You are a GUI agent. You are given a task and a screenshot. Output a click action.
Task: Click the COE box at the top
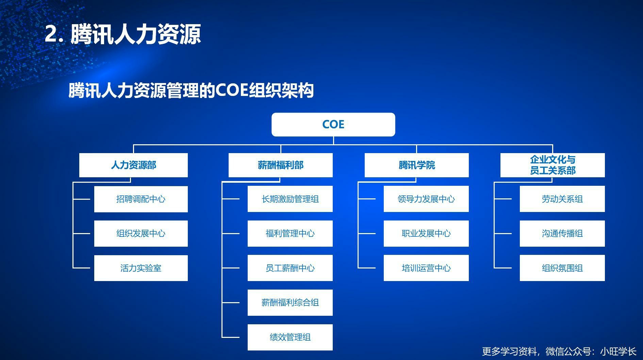coord(333,125)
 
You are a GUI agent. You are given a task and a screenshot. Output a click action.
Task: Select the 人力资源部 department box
coord(133,165)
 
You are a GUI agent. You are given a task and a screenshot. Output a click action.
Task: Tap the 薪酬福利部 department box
coord(280,165)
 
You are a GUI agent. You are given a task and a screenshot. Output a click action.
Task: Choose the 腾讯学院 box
coord(416,165)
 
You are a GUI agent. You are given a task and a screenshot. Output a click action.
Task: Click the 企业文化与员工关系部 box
coord(553,165)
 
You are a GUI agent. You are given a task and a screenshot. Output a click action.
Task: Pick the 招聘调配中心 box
coord(141,199)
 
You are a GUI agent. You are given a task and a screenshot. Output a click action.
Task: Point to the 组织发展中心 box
coord(141,233)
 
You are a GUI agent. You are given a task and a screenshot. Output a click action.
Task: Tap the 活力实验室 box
coord(141,268)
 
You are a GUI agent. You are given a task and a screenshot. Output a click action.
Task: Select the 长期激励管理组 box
coord(290,199)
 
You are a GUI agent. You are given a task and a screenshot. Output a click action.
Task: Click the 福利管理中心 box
coord(290,233)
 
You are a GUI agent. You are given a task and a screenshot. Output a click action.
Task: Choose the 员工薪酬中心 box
coord(290,268)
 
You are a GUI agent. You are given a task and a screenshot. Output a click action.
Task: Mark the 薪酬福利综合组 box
coord(290,302)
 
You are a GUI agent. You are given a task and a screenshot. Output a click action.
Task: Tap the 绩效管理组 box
coord(290,337)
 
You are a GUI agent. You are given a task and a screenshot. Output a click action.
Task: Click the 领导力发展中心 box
coord(426,199)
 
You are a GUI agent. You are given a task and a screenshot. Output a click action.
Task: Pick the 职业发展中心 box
coord(426,233)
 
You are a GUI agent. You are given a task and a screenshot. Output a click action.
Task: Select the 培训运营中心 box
coord(426,268)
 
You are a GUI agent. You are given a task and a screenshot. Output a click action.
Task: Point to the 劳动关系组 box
coord(562,199)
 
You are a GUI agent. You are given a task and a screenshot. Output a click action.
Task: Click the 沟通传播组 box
coord(562,233)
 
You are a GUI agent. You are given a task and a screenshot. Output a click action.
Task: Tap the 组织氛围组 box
coord(562,268)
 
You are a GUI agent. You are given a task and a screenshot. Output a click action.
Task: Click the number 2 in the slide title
coord(51,34)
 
